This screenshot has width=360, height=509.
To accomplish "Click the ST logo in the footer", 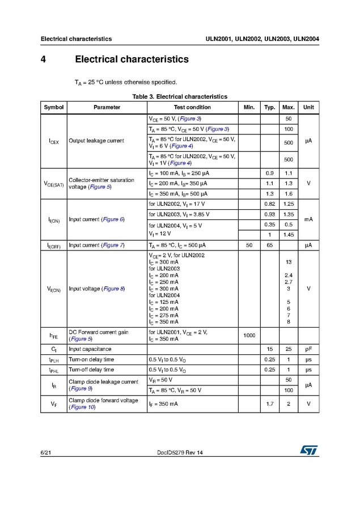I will click(309, 449).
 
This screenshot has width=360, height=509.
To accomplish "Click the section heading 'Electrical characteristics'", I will click(132, 59).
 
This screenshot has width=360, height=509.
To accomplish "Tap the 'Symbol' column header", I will click(54, 107).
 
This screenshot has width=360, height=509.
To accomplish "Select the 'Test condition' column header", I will click(192, 107).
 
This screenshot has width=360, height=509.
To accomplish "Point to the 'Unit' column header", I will click(308, 107).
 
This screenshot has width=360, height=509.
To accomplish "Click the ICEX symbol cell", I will click(54, 141).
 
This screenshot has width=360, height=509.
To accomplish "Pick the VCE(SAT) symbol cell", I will click(54, 184).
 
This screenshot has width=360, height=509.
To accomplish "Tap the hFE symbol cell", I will click(54, 336).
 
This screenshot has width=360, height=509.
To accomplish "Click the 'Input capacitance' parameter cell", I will click(90, 349).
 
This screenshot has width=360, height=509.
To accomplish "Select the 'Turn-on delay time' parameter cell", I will click(91, 359).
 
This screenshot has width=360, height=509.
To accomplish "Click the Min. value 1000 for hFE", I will click(249, 336).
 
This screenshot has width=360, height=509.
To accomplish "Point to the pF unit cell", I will click(308, 349).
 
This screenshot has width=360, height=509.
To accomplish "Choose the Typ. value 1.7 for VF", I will click(269, 404).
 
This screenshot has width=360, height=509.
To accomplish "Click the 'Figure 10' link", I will click(82, 408).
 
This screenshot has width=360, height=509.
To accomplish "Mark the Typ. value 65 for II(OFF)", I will click(269, 245).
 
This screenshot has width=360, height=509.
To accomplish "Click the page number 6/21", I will click(46, 452).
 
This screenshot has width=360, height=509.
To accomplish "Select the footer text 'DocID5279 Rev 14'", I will click(179, 452).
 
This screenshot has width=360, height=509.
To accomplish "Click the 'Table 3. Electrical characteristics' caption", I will click(180, 96).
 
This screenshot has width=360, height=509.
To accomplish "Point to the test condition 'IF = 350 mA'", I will click(163, 404).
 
